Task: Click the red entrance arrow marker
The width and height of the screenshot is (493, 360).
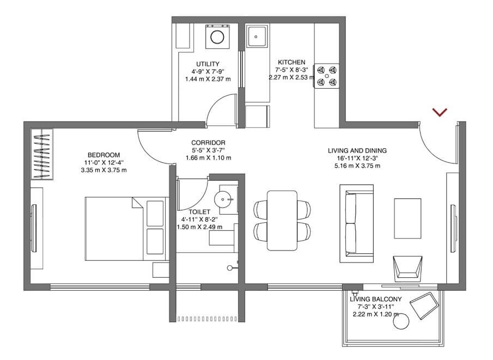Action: pos(440,112)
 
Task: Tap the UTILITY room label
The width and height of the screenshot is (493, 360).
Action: pos(208,64)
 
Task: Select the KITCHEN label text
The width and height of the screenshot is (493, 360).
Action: pos(291,62)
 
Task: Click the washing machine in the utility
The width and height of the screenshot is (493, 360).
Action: pos(217,37)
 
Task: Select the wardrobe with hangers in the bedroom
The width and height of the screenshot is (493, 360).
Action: pos(42,154)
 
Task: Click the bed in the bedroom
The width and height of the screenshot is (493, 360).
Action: pos(125,228)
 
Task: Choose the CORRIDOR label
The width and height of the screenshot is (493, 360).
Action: pos(208,143)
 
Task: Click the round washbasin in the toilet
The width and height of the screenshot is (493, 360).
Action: pos(224,199)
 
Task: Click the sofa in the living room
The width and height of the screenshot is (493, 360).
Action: pos(356,221)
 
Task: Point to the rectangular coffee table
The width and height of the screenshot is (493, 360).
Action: pos(407,218)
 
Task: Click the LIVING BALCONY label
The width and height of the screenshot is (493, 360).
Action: pos(376,299)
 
